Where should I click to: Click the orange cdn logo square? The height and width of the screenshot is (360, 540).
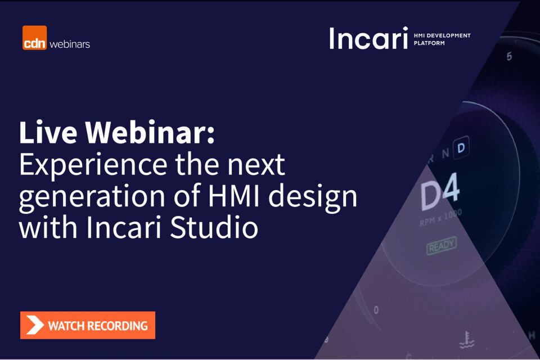(x=34, y=38)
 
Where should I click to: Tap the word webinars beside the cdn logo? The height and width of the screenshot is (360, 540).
(x=70, y=44)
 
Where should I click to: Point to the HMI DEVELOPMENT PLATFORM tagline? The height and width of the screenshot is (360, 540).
(x=442, y=39)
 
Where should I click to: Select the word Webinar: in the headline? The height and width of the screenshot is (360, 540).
(x=150, y=132)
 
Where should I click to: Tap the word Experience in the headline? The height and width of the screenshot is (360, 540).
(x=93, y=165)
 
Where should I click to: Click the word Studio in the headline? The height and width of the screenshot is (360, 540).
(x=214, y=227)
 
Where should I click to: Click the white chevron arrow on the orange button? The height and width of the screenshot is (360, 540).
(x=35, y=325)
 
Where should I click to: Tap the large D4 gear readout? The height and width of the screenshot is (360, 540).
(x=440, y=192)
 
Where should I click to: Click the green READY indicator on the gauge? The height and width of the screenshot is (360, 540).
(x=442, y=245)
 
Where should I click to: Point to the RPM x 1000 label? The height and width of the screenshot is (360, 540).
(x=440, y=218)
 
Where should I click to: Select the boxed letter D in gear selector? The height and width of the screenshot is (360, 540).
(x=461, y=148)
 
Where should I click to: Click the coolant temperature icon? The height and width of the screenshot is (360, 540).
(x=467, y=340)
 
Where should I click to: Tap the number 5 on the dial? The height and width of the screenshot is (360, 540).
(x=510, y=56)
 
